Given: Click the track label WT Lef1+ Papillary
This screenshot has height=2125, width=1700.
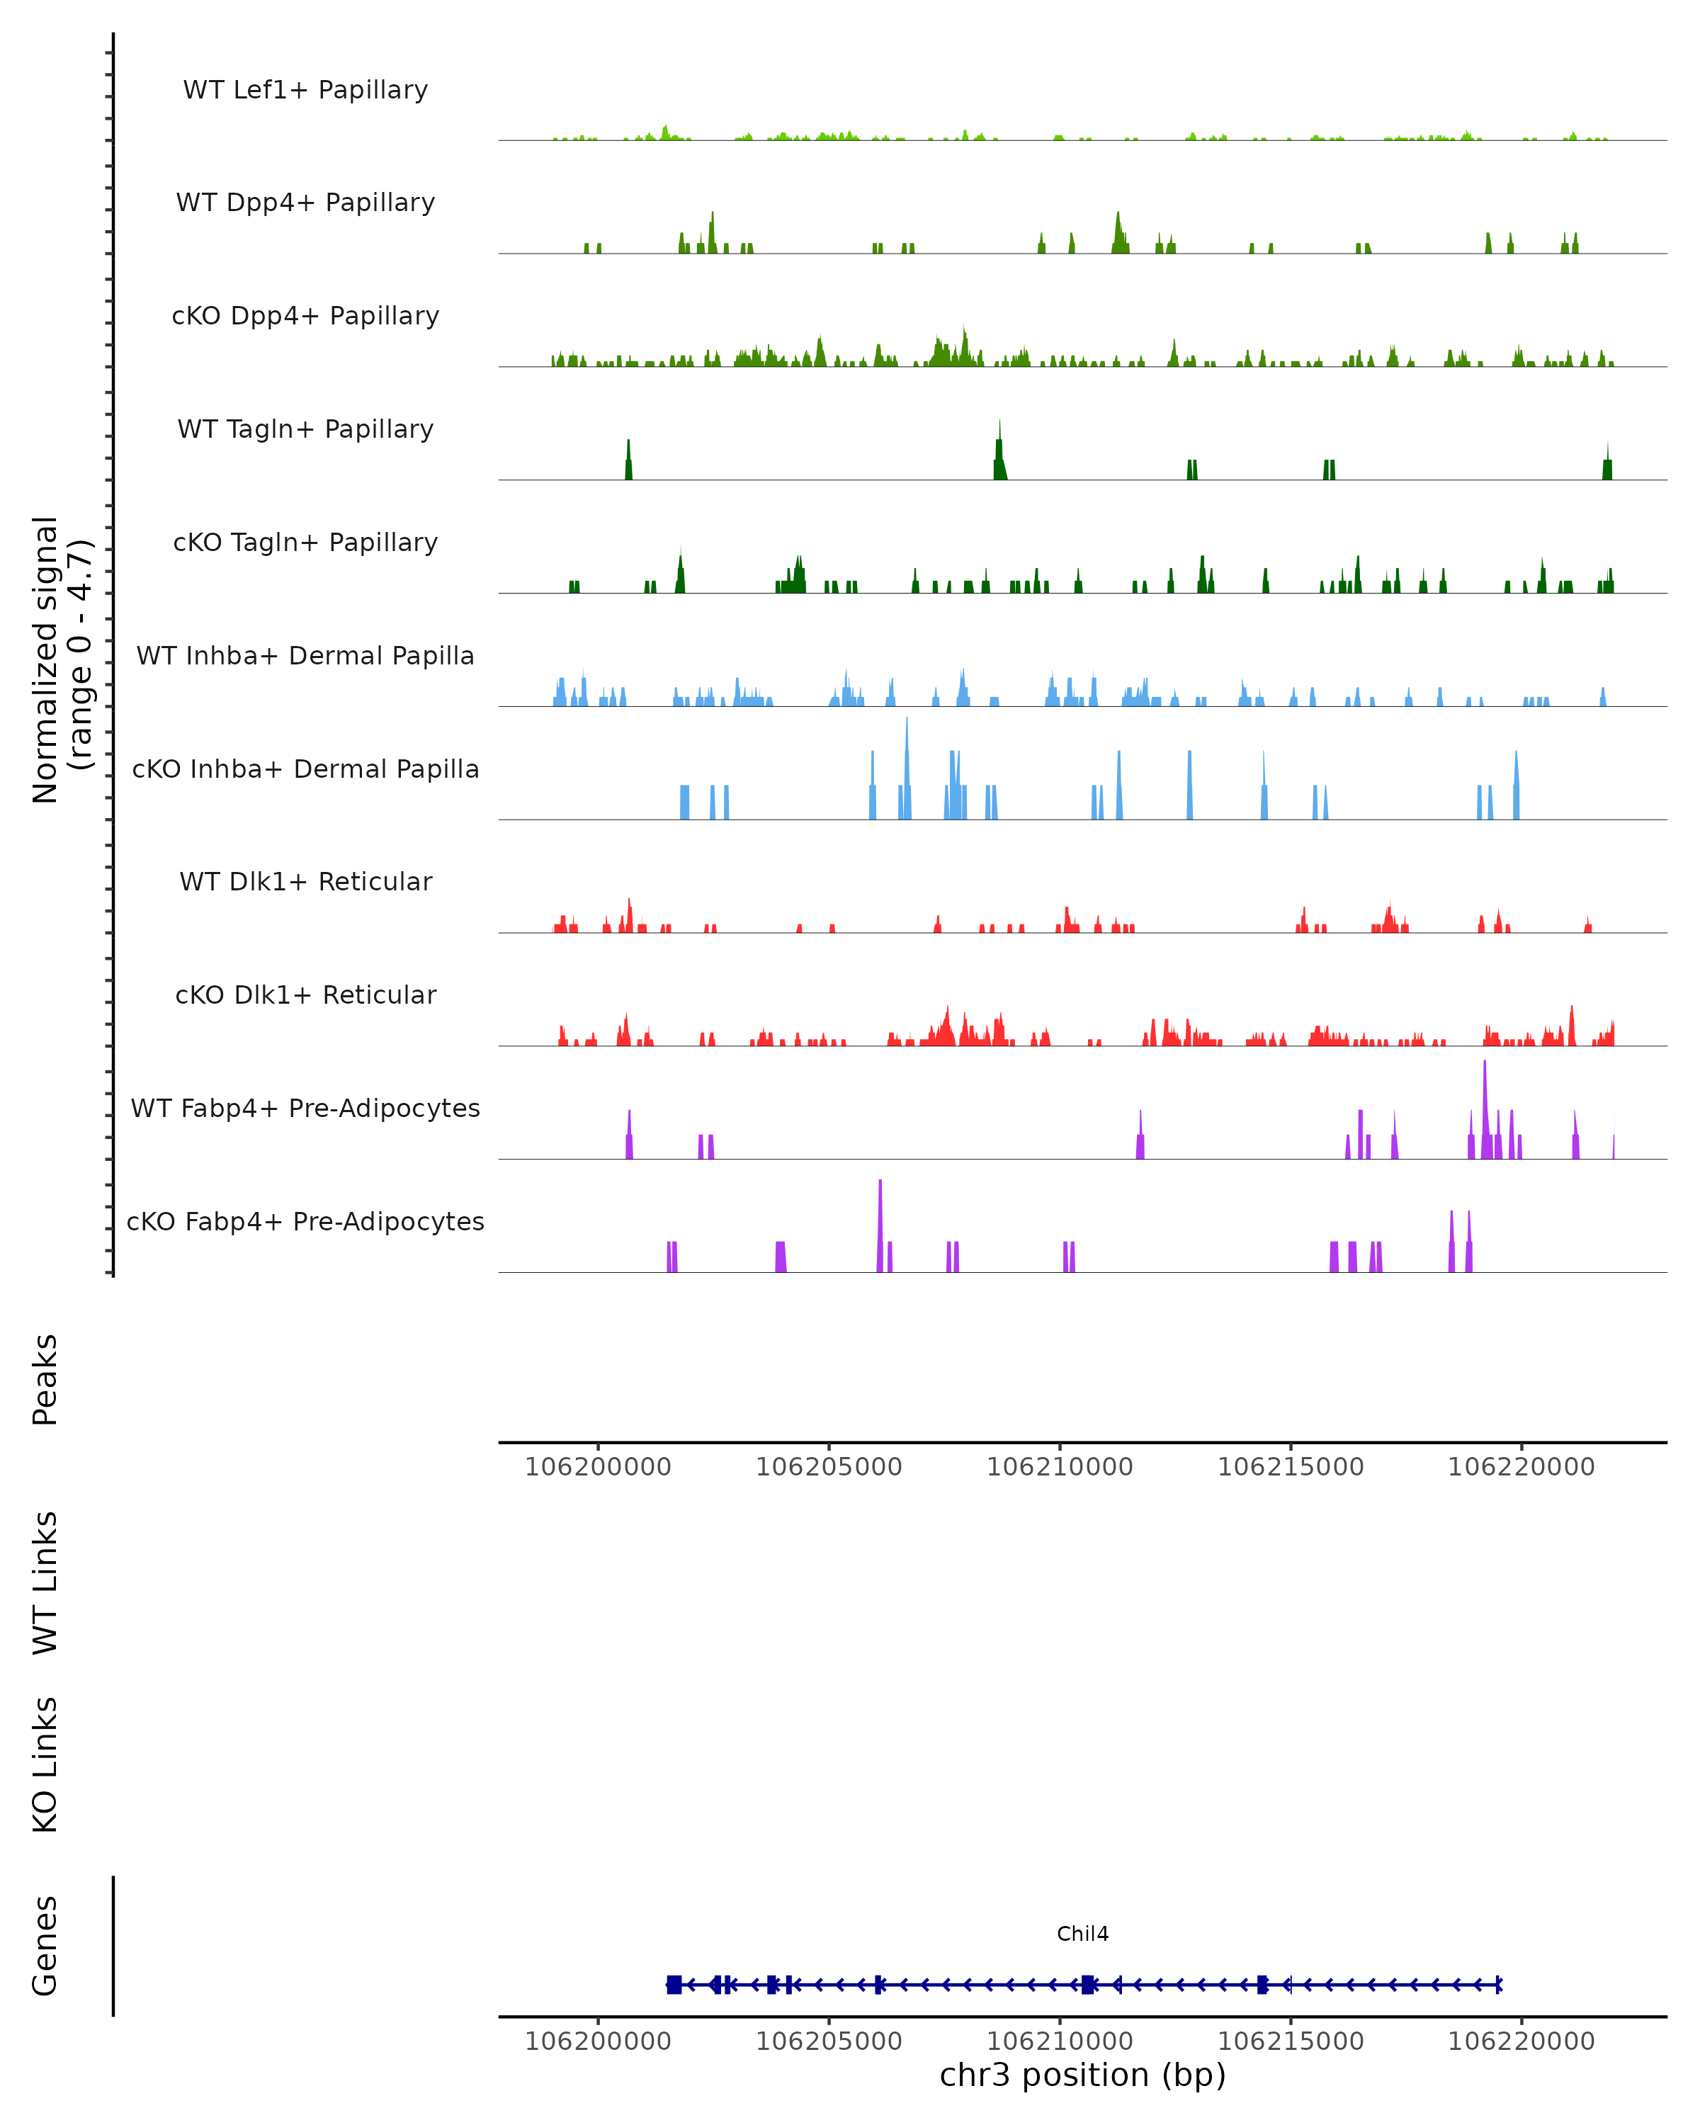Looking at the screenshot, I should (x=305, y=90).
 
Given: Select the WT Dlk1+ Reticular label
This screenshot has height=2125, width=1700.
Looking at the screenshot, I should (x=305, y=881).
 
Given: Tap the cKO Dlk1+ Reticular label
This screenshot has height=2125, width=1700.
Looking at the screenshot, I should (x=305, y=994).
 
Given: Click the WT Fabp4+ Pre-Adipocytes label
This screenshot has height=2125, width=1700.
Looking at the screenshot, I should (x=305, y=1108).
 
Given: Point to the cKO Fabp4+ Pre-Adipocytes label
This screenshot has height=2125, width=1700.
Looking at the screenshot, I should (x=305, y=1221).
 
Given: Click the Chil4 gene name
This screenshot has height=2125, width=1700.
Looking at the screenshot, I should (x=1082, y=1934).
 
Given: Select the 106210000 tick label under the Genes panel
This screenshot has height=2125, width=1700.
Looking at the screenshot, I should (x=1060, y=2041).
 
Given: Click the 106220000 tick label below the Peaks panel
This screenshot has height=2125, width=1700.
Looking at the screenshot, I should (x=1521, y=1467).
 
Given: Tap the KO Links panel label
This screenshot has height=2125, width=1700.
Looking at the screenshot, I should (x=45, y=1764).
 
